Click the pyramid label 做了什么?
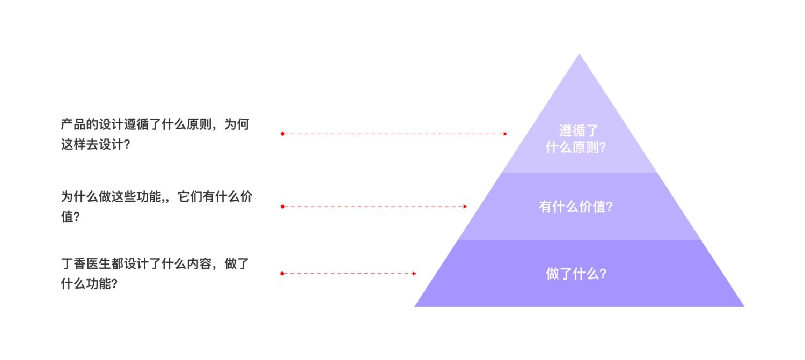click(x=576, y=274)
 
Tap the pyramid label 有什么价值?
click(x=576, y=207)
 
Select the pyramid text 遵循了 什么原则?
click(x=576, y=139)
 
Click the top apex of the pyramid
click(x=579, y=54)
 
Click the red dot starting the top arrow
click(x=282, y=134)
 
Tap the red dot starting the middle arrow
click(x=282, y=207)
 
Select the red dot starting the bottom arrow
click(x=282, y=274)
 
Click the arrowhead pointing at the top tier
click(x=506, y=134)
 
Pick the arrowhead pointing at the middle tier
click(x=465, y=207)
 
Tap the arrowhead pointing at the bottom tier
click(x=414, y=274)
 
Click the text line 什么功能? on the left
click(x=89, y=284)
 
